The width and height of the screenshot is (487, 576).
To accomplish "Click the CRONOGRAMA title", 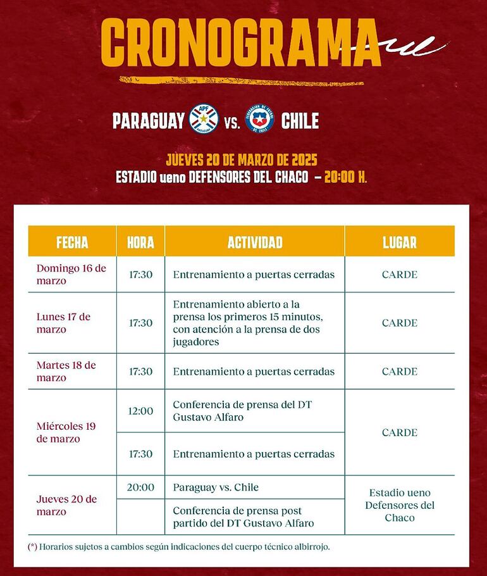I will click(240, 43).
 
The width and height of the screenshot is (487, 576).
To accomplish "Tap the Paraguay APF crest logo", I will click(204, 119).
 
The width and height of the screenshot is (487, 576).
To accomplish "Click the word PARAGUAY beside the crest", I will click(149, 120).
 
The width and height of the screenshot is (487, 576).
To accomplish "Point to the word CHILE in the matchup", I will click(300, 120).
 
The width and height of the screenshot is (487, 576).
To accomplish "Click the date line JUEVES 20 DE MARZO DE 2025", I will click(241, 159).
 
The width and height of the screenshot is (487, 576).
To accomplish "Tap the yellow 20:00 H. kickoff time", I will click(345, 177).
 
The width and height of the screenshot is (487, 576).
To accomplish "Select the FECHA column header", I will click(72, 242).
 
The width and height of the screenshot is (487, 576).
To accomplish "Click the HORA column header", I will click(140, 242).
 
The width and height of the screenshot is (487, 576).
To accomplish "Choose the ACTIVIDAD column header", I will click(254, 242).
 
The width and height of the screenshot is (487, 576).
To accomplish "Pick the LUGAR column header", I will click(400, 242).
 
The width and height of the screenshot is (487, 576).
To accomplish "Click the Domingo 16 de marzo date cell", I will click(71, 274).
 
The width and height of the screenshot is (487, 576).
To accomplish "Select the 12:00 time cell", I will click(140, 411).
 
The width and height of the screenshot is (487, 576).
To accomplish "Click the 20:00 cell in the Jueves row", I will click(140, 487).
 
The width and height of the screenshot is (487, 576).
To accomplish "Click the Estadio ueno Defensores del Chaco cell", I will click(400, 505).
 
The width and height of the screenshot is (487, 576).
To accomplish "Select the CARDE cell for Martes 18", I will click(400, 372).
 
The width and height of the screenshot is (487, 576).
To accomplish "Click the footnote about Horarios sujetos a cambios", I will click(179, 546).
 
